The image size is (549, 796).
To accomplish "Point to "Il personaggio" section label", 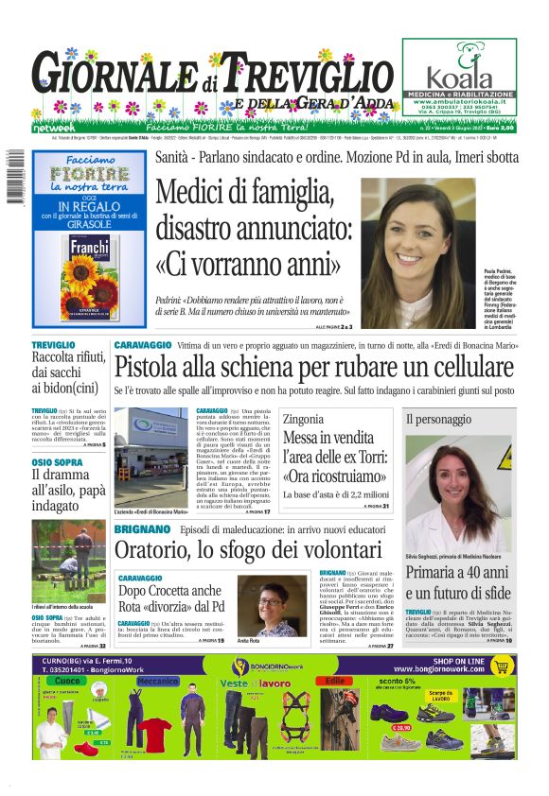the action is point(438,418).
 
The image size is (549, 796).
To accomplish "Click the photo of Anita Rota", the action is point(267,606).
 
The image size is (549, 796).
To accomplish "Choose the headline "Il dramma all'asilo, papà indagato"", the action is point(68,490).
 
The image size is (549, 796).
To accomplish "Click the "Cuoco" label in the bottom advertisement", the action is point(69,681).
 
